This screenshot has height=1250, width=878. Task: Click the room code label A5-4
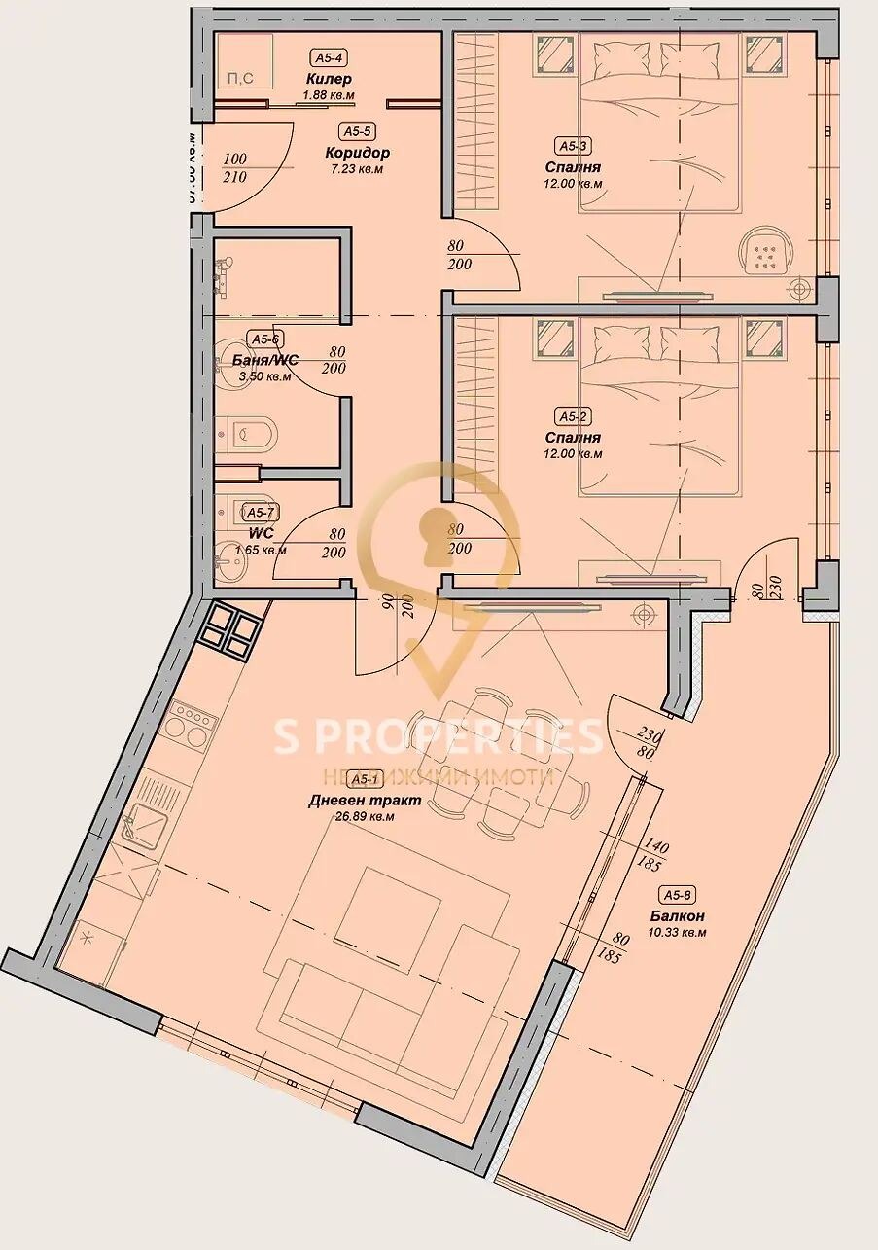(x=328, y=57)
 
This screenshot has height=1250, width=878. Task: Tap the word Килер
(x=328, y=78)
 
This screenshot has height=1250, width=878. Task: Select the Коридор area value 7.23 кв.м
(x=357, y=168)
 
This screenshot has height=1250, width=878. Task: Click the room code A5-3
(x=572, y=146)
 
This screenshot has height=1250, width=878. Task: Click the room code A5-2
(x=572, y=417)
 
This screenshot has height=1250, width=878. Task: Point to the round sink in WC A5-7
(x=230, y=557)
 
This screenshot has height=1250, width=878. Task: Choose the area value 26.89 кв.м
(x=364, y=817)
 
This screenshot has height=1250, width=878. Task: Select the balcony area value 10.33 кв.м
(x=678, y=932)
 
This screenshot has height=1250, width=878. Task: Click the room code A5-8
(x=678, y=895)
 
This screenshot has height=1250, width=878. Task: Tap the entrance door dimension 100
(x=234, y=160)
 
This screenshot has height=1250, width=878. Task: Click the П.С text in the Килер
(x=239, y=79)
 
